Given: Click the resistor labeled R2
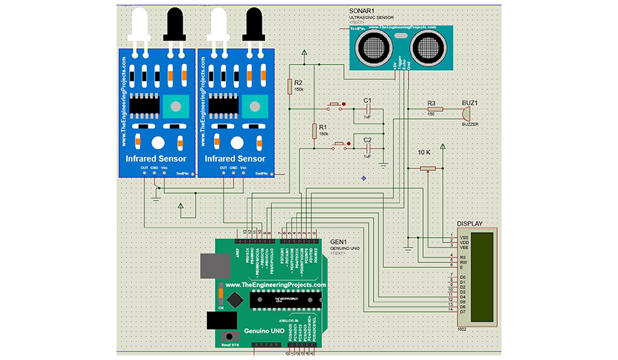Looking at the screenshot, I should coord(289,86).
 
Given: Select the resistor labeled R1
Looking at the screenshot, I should coord(314,130).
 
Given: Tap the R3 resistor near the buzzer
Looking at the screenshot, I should coord(432,109).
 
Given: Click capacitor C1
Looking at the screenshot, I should coord(368,108).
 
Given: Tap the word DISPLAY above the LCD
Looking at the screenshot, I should coord(470,224).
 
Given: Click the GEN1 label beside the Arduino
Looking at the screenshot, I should coord(339,242).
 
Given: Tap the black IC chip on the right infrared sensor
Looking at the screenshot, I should coord(221,107).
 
